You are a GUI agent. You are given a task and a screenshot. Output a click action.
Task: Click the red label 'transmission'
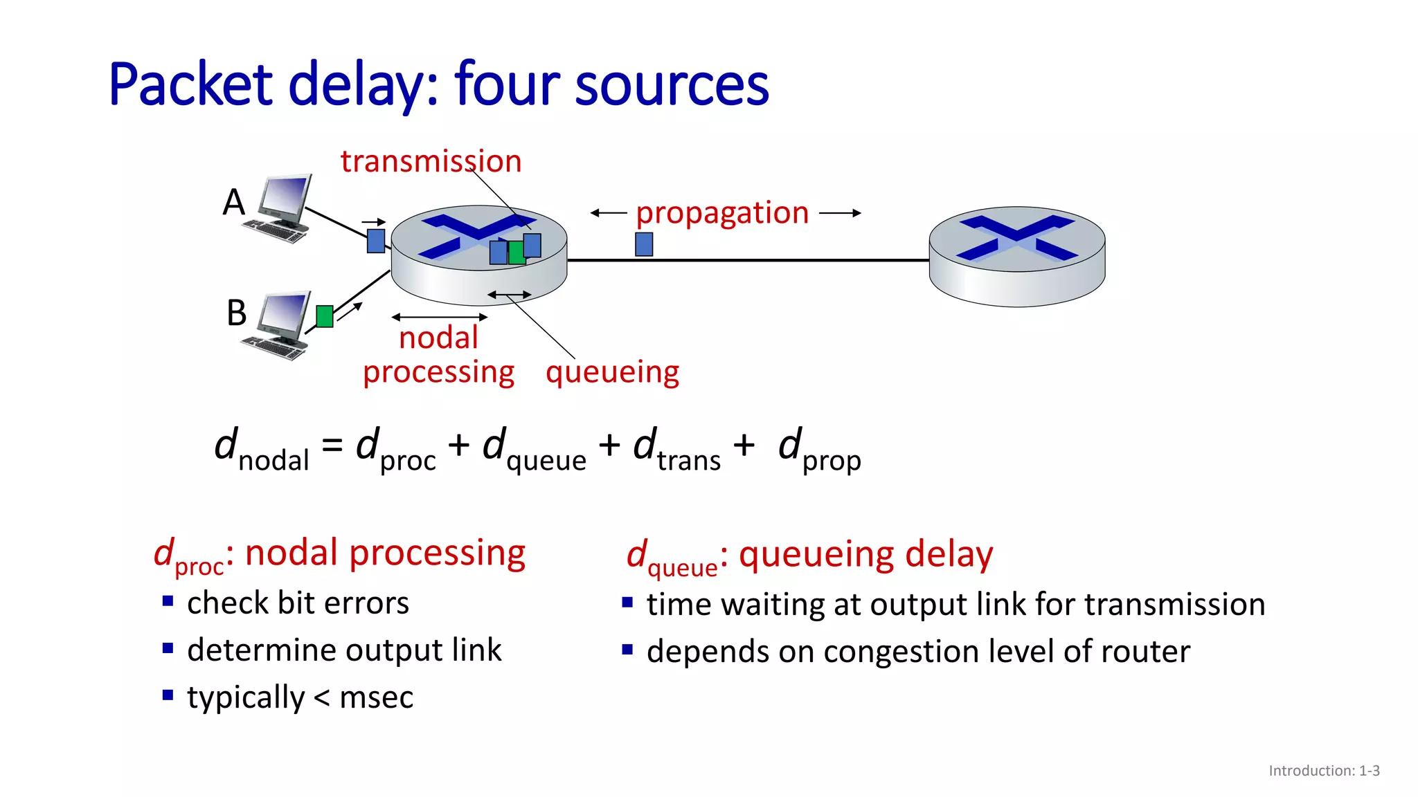pyautogui.click(x=431, y=162)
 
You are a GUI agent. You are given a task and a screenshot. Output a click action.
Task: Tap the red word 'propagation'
pyautogui.click(x=722, y=213)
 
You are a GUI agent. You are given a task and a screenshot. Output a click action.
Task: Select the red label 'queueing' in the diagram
pyautogui.click(x=612, y=372)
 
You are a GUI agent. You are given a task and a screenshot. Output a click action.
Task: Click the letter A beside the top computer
pyautogui.click(x=234, y=203)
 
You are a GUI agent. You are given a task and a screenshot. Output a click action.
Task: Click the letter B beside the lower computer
pyautogui.click(x=236, y=313)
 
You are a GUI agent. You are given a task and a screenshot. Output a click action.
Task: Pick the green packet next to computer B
pyautogui.click(x=325, y=316)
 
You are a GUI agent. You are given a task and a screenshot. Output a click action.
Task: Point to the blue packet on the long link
pyautogui.click(x=644, y=244)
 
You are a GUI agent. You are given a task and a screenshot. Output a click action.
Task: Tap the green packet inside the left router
pyautogui.click(x=516, y=253)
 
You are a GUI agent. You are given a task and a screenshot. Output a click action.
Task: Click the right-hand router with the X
pyautogui.click(x=1016, y=256)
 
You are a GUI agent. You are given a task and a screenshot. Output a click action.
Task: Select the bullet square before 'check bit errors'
pyautogui.click(x=168, y=601)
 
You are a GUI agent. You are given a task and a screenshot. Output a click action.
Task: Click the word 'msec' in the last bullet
pyautogui.click(x=376, y=697)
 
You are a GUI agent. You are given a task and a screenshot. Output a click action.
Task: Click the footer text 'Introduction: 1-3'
pyautogui.click(x=1323, y=771)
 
